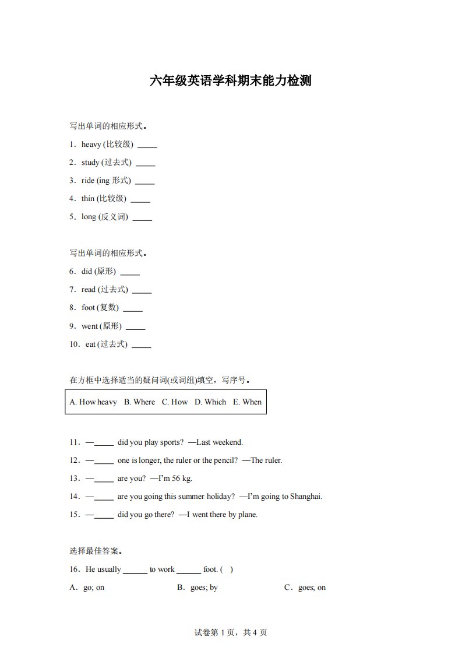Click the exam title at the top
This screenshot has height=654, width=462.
231,81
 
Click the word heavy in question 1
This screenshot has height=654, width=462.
91,145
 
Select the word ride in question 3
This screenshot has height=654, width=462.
88,181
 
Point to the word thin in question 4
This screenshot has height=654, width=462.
88,199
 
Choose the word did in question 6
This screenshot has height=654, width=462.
87,272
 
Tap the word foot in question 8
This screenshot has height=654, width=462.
88,308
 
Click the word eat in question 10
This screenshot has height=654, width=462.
90,344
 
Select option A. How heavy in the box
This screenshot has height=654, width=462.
93,402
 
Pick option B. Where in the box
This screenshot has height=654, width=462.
140,402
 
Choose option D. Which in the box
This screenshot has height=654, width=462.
210,402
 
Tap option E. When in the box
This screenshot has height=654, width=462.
248,402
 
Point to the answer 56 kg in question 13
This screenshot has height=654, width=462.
181,479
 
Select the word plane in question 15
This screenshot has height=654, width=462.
247,515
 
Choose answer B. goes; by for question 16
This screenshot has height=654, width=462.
198,588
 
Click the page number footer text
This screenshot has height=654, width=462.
231,633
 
